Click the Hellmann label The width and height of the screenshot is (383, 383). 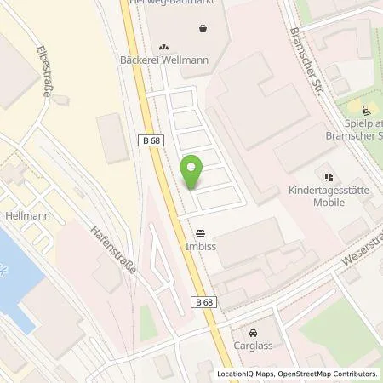coord(26,216)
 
